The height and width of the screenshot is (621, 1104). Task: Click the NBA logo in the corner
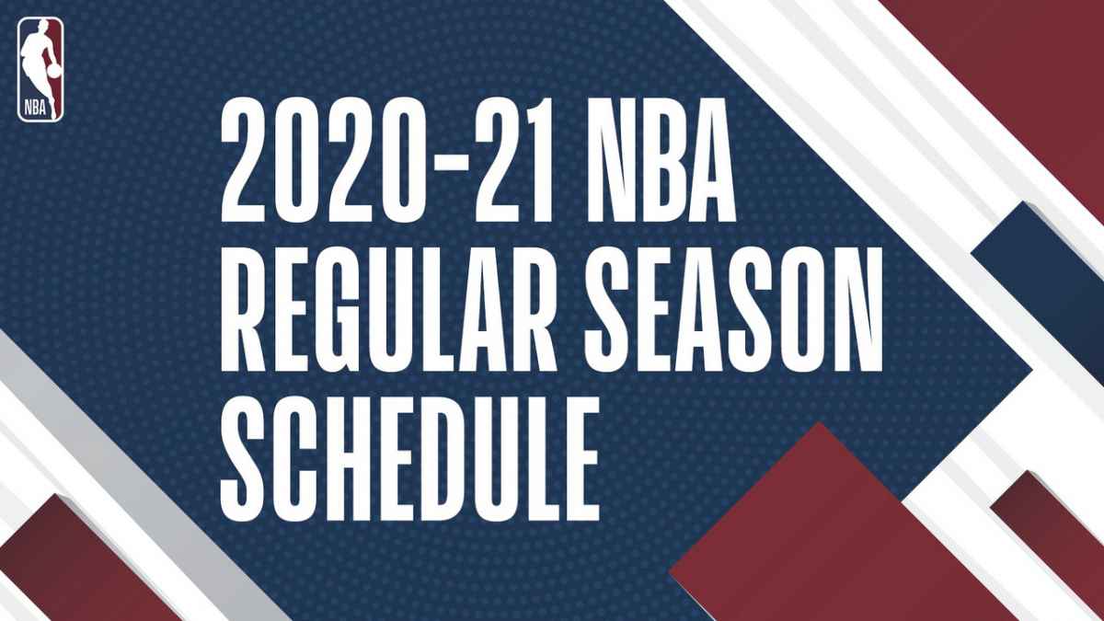40,70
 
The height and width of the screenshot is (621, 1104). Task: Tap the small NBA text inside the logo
36,107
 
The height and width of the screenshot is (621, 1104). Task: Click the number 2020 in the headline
319,160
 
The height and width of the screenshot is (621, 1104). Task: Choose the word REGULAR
388,309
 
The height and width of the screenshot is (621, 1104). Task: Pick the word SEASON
734,309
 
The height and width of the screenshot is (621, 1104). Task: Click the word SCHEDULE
410,459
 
